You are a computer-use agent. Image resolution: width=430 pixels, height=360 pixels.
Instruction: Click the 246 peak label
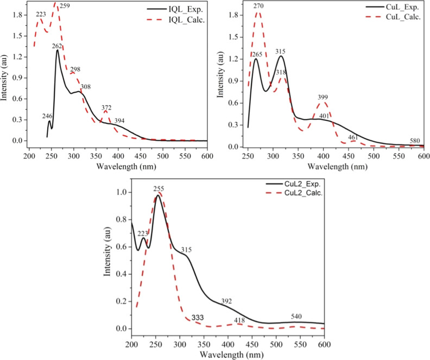(x=47, y=116)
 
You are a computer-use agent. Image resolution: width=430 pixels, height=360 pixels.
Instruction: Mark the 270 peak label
(x=258, y=5)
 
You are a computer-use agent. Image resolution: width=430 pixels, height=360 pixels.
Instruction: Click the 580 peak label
(x=415, y=141)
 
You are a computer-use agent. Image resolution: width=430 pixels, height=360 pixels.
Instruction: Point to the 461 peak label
(x=353, y=138)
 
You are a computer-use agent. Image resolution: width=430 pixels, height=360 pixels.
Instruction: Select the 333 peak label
(x=198, y=317)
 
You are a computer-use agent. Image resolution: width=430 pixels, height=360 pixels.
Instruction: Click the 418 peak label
(x=239, y=320)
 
